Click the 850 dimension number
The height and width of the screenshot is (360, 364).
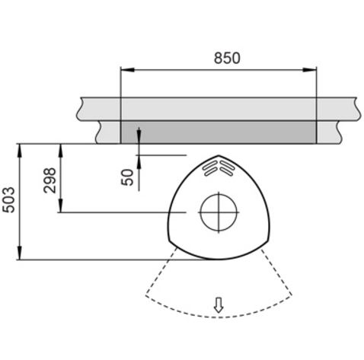[x=227, y=58]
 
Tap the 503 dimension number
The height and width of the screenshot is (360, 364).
[x=8, y=200]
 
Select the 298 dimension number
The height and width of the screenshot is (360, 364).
[x=49, y=180]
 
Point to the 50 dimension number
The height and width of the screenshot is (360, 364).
[x=127, y=177]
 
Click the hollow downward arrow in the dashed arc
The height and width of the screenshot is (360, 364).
[x=219, y=304]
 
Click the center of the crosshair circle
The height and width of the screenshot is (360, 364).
[x=219, y=212]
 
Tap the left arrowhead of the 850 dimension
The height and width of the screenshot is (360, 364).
[x=127, y=69]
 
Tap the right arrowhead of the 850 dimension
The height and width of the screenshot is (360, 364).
[x=309, y=69]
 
